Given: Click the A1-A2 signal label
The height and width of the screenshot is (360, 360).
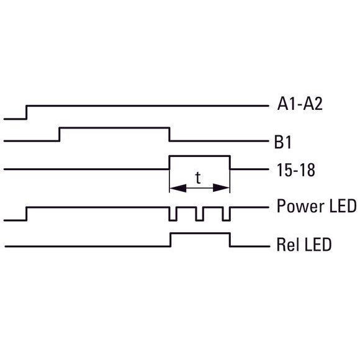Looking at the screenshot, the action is tap(300, 104).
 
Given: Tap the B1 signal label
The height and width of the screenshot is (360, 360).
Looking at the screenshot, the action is tap(283, 142).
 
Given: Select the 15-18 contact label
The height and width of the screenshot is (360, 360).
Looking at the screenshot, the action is tap(295, 170).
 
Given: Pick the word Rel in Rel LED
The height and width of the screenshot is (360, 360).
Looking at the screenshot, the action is tap(287, 245).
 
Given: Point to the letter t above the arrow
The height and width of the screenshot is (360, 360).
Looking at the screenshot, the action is tap(198, 178).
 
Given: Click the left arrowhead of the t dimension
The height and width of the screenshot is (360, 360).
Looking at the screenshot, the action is tap(178, 188).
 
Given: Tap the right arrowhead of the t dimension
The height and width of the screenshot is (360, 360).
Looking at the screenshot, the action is tap(221, 188).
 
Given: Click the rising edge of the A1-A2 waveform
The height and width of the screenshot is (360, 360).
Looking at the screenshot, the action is tap(26, 112).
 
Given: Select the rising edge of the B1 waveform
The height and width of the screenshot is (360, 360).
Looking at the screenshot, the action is tap(59, 134).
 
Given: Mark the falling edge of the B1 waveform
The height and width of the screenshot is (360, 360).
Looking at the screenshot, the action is tap(169, 134).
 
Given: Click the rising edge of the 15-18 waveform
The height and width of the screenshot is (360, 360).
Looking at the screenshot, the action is tap(169, 163).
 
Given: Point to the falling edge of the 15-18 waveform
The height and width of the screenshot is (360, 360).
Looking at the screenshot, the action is tap(230, 163).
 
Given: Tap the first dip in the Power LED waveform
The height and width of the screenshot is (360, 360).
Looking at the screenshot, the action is tap(173, 214).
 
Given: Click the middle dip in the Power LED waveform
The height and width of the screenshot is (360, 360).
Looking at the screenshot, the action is tap(199, 214).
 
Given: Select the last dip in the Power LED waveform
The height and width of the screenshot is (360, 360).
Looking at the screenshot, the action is tap(226, 214).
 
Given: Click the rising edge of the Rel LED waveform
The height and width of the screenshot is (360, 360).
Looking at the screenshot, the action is tap(171, 240).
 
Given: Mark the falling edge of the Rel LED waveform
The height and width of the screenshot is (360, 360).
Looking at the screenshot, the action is tap(230, 240).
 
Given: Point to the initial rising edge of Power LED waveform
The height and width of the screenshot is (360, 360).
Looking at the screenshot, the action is tap(27, 214).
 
